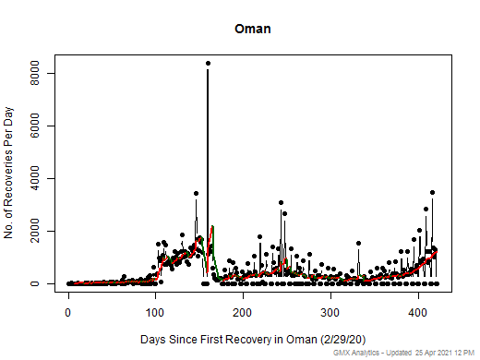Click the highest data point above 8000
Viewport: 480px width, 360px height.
[208, 64]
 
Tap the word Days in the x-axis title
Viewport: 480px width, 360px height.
[155, 341]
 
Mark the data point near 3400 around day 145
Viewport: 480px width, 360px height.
[196, 194]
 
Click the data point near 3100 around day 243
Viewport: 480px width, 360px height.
[281, 202]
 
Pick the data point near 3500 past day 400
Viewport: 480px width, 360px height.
[432, 193]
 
